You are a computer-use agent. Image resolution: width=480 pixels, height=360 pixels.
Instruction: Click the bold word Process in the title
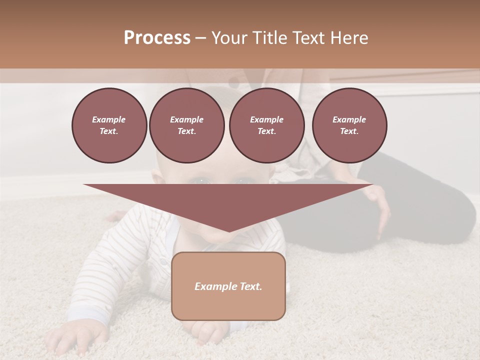tap(157, 38)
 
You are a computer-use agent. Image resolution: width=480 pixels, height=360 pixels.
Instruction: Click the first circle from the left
tap(109, 125)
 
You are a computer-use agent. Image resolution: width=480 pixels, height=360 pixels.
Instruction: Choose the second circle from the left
tap(186, 125)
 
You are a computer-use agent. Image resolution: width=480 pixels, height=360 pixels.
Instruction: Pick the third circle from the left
tap(266, 125)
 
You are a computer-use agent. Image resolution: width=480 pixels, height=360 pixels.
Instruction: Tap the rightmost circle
tap(349, 125)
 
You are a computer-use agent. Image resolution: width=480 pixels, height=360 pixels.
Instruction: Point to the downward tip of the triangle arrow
tap(229, 230)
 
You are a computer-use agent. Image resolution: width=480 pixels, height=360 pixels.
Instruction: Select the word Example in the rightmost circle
tap(349, 119)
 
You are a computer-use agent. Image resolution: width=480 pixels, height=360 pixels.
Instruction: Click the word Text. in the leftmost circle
tap(109, 131)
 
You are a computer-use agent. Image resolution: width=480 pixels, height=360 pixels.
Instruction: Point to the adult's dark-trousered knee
tap(450, 210)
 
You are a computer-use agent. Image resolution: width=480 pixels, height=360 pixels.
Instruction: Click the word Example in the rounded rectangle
tap(213, 286)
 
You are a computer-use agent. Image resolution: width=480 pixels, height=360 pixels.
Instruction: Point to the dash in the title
tap(201, 38)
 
